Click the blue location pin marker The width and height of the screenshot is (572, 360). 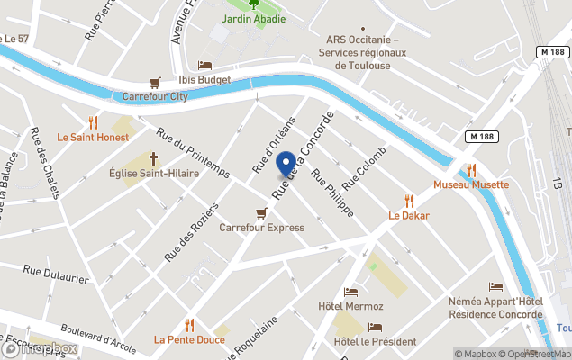[x=286, y=165]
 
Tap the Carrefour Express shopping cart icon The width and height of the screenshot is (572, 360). [x=261, y=213]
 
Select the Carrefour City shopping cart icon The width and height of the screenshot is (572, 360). [x=155, y=82]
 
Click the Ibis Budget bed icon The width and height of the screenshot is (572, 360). [x=204, y=66]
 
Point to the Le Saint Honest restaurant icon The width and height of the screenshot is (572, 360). [x=93, y=122]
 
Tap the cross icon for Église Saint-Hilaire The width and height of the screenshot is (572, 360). [x=141, y=158]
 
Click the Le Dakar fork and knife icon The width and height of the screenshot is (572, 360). [x=409, y=201]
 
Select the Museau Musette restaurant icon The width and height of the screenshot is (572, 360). [x=470, y=169]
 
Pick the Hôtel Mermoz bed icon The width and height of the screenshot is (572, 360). [x=350, y=292]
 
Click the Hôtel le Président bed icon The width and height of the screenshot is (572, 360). [x=375, y=327]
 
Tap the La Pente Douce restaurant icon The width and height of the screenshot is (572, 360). [x=189, y=325]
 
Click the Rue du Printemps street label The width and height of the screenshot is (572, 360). [x=194, y=153]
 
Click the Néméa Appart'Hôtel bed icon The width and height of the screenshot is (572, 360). [x=495, y=286]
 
